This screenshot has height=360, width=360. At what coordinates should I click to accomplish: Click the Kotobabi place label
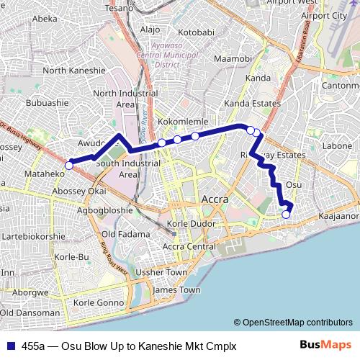197,33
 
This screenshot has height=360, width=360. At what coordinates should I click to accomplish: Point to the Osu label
293,185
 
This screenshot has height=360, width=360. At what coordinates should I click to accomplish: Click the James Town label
177,289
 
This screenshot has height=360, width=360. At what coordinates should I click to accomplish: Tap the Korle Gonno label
99,303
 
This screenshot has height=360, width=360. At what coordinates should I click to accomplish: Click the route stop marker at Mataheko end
69,166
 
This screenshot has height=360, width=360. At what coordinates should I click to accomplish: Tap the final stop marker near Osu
286,214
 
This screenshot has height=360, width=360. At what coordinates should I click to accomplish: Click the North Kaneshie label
74,71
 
